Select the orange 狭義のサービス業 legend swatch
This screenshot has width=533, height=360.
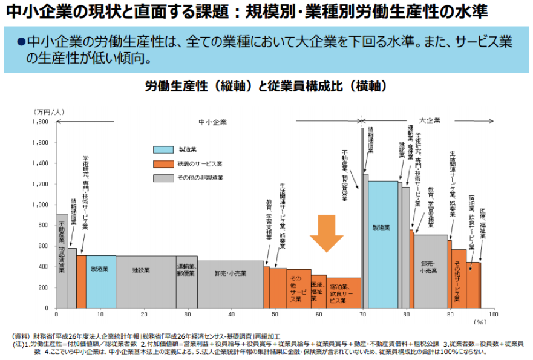163,163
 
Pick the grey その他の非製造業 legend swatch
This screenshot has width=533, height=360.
163,178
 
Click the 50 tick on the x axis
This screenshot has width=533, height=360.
275,315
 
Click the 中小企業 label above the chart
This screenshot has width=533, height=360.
213,122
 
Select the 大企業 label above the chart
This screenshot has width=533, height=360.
430,120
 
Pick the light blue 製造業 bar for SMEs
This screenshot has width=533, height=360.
100,281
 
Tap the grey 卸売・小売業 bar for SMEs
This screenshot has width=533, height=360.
231,284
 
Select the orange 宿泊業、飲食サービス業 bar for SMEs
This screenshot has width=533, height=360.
344,293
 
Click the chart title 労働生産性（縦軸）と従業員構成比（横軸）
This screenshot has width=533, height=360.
266,87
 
